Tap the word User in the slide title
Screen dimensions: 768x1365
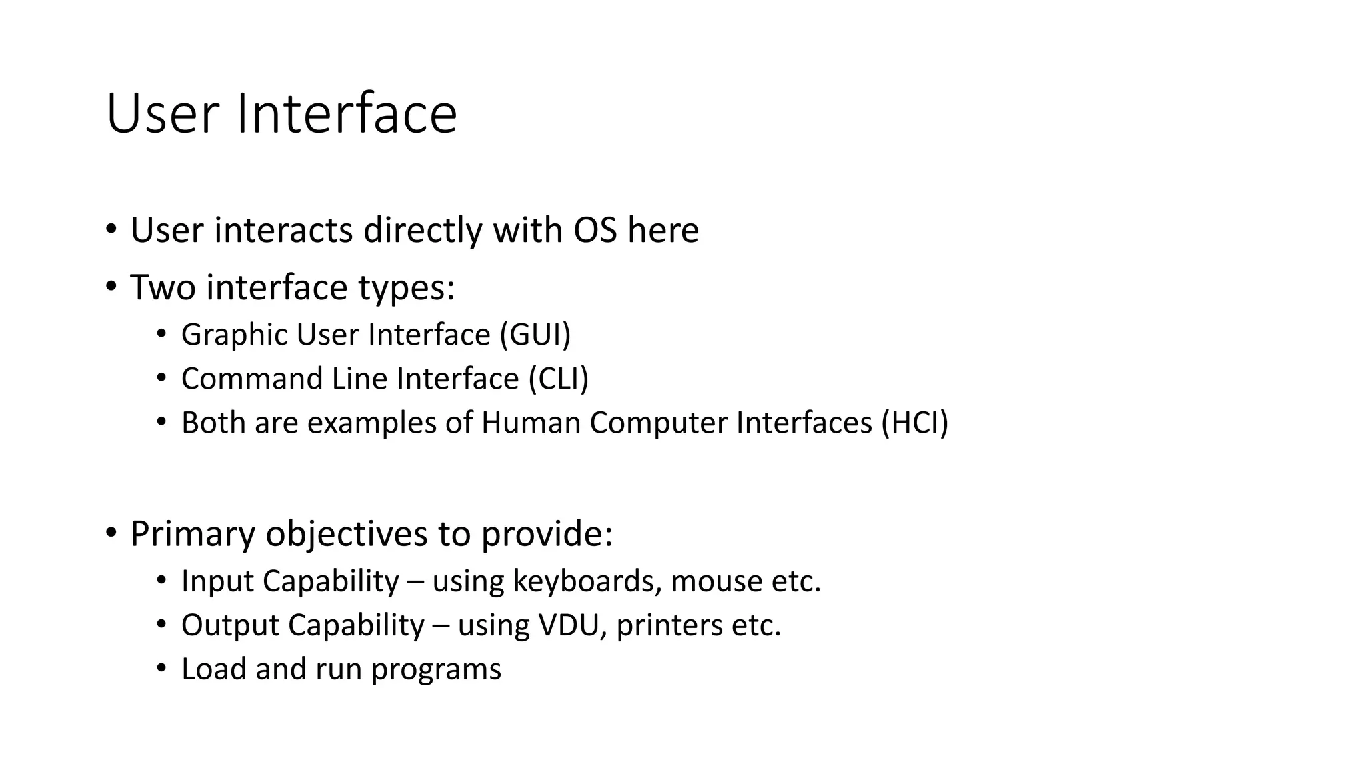point(162,113)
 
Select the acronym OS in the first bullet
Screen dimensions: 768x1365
point(595,230)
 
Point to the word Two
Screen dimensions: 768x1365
point(163,287)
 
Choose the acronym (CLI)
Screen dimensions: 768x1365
point(559,379)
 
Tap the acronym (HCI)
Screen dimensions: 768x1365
point(914,423)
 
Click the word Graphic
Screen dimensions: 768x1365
point(234,335)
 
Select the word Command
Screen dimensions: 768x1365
point(251,379)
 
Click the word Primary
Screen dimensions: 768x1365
point(193,533)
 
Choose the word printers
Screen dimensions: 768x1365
point(669,625)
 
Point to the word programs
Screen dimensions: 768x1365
point(436,669)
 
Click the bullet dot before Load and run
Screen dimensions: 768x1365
point(161,669)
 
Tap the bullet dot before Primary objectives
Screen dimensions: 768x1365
point(111,533)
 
